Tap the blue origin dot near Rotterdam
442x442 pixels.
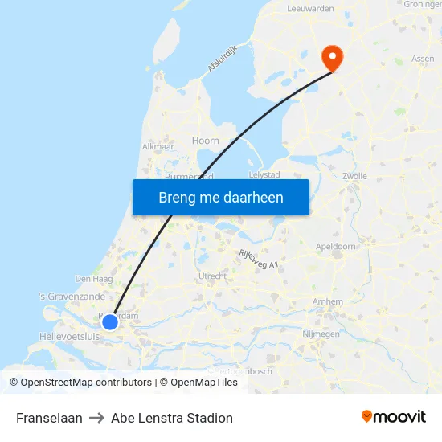coord(110,322)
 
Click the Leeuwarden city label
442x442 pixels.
coord(310,8)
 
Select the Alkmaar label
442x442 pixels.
coord(158,147)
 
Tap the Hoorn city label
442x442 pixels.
coord(206,141)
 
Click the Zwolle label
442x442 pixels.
coord(354,176)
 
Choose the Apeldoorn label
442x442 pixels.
coord(336,248)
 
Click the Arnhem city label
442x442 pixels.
coord(330,301)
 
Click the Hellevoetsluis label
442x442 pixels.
coord(69,336)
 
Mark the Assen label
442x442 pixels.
coord(423,59)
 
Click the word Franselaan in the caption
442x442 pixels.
coord(49,418)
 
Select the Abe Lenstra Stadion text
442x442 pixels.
coord(172,418)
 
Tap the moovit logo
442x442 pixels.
coord(394,416)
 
